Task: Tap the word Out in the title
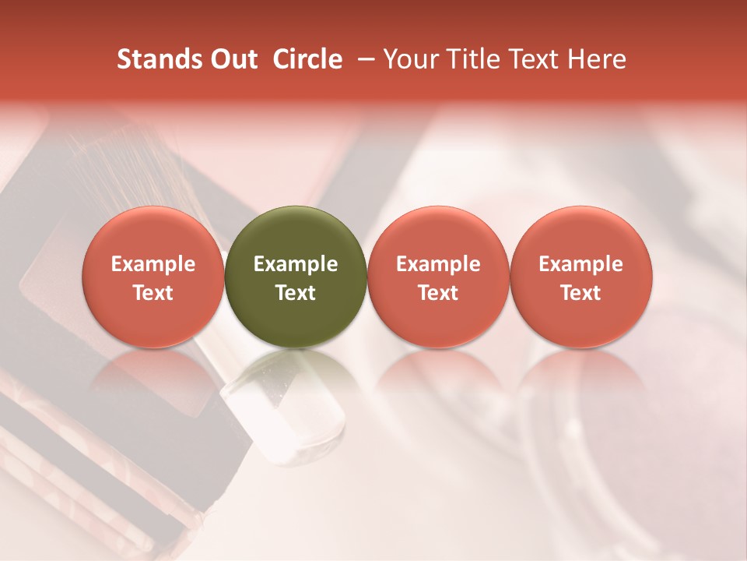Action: pos(231,59)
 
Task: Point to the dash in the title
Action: pos(364,59)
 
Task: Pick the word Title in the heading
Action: pos(471,59)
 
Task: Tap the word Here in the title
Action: pos(596,59)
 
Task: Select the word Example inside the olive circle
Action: pos(296,264)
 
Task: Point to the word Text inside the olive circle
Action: pos(296,293)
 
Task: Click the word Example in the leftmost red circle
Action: pos(153,264)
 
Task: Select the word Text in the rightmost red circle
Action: pos(580,293)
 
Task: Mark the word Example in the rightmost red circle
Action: pos(580,264)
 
